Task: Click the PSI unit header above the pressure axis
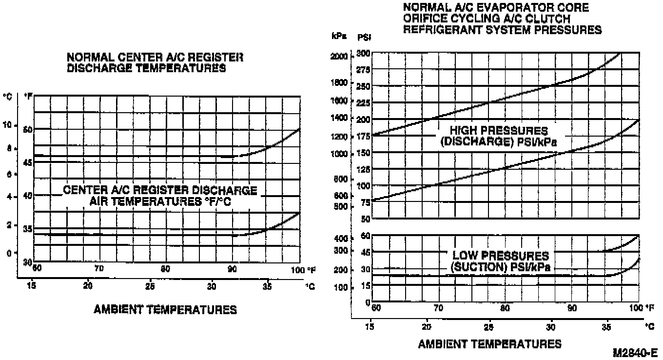point(364,37)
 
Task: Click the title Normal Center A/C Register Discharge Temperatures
point(155,63)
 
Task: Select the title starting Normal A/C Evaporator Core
point(502,19)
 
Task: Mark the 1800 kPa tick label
point(339,82)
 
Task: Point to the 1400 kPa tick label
point(339,118)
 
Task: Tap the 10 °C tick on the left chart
point(7,125)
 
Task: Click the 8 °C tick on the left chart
point(9,148)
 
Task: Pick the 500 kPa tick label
point(340,206)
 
